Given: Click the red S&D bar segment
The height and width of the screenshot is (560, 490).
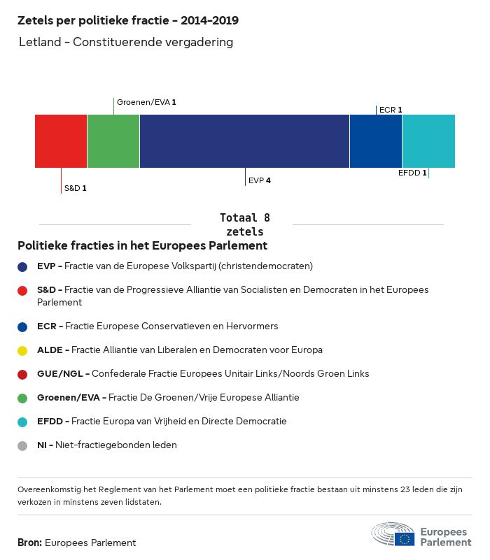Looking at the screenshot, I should (61, 141).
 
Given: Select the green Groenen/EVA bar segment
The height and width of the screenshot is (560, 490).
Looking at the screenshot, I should (113, 141).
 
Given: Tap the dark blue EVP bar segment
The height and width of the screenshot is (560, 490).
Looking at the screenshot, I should (244, 141).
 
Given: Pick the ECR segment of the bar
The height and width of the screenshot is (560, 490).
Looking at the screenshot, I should (376, 141).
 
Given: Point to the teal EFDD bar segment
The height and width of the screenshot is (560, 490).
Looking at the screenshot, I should (428, 141).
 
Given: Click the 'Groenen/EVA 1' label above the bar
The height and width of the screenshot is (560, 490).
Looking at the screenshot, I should (146, 102).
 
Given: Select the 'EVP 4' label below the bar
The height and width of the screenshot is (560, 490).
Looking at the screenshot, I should (260, 180).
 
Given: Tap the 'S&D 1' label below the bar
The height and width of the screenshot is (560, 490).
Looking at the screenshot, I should (76, 188).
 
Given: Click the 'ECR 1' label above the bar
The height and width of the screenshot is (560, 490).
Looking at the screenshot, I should (391, 109).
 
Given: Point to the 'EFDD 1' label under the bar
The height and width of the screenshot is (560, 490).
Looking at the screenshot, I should (412, 173).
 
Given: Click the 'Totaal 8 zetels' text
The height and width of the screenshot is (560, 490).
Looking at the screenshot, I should (244, 224).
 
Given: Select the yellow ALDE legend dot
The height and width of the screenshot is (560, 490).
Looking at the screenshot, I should (23, 350).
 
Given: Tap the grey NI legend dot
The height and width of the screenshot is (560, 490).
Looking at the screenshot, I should (23, 445).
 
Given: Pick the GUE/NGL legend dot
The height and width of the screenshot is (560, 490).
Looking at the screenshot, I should (23, 374).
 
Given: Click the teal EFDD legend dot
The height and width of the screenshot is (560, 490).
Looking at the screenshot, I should (23, 422).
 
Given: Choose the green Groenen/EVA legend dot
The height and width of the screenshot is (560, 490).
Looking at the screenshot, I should (23, 398).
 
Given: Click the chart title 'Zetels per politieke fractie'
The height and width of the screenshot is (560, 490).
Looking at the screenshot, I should (128, 21).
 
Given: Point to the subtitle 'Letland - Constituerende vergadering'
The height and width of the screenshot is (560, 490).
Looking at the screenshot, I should (126, 43).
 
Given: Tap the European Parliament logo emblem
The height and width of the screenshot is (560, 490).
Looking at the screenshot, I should (393, 534).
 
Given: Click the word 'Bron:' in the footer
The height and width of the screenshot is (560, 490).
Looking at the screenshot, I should (29, 543).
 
